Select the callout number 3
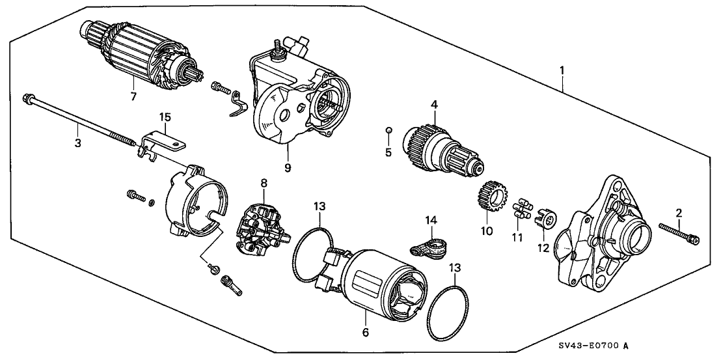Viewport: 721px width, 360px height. pyautogui.click(x=77, y=143)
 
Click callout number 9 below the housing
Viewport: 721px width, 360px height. pyautogui.click(x=287, y=167)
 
